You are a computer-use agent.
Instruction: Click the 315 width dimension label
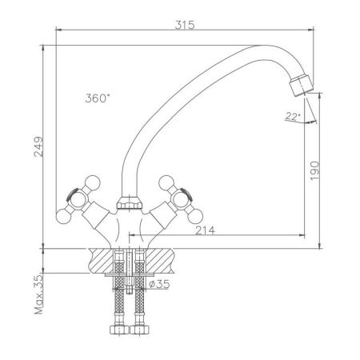click(185, 25)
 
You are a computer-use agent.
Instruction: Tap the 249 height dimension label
click(38, 147)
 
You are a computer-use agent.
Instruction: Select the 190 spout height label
click(315, 170)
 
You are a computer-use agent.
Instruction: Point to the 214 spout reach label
click(205, 230)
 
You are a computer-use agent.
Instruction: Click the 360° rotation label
click(98, 98)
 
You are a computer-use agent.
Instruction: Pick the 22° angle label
click(293, 116)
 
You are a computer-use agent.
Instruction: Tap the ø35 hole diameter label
click(159, 284)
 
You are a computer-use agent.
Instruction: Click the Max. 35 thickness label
click(38, 294)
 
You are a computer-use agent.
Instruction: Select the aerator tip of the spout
click(302, 86)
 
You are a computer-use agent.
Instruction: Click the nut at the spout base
click(129, 203)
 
